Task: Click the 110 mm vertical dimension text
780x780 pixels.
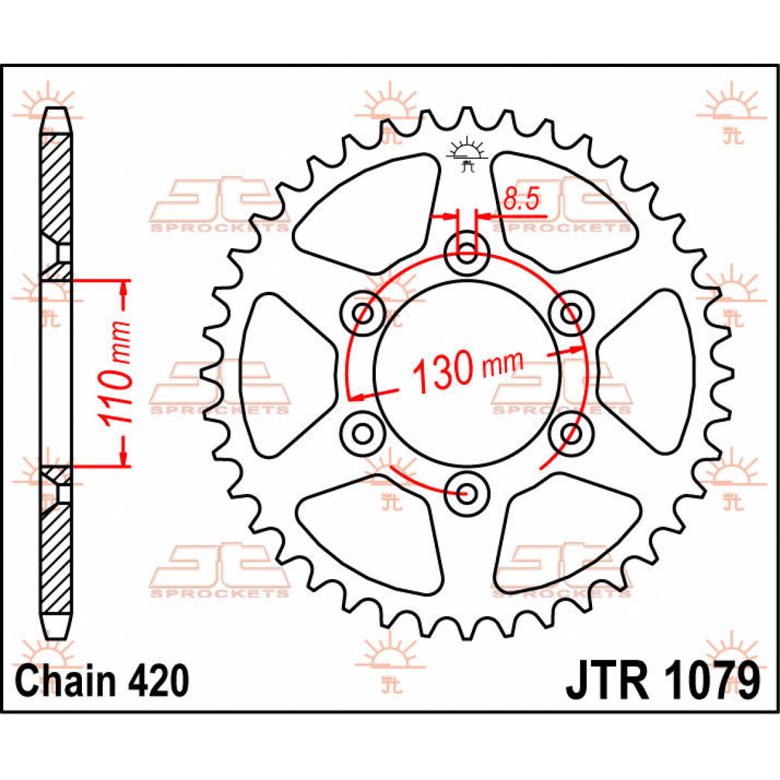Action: (x=118, y=374)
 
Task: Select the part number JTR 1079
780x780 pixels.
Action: (x=662, y=681)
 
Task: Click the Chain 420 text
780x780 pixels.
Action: (x=103, y=681)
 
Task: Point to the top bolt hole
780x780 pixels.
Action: (x=466, y=252)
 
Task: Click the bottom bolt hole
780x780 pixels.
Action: (x=465, y=492)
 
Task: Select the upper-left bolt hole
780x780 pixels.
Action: (x=362, y=313)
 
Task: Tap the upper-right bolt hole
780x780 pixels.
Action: (x=569, y=313)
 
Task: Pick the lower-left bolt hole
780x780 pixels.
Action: (x=362, y=432)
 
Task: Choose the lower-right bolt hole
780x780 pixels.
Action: (x=570, y=432)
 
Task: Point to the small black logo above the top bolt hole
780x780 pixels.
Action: (x=465, y=156)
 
